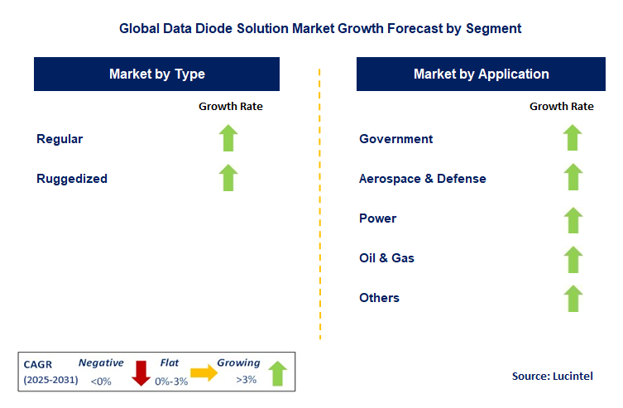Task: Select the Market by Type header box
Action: point(157,74)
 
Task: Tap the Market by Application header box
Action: point(481,74)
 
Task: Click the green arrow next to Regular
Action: point(229,138)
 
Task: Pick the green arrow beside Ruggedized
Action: point(229,178)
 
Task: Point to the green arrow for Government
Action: point(573,138)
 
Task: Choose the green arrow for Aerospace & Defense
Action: point(573,178)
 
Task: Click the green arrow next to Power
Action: point(573,218)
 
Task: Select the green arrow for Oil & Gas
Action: point(573,258)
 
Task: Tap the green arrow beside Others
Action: point(573,298)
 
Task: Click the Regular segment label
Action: point(60,139)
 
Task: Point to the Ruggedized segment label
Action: point(72,179)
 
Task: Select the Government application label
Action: point(395,139)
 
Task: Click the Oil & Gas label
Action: point(386,258)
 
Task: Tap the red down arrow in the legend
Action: point(141,372)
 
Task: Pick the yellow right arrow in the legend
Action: point(204,373)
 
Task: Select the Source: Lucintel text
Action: point(554,376)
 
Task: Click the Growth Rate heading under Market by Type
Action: point(231,106)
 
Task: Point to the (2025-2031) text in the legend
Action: point(51,381)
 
